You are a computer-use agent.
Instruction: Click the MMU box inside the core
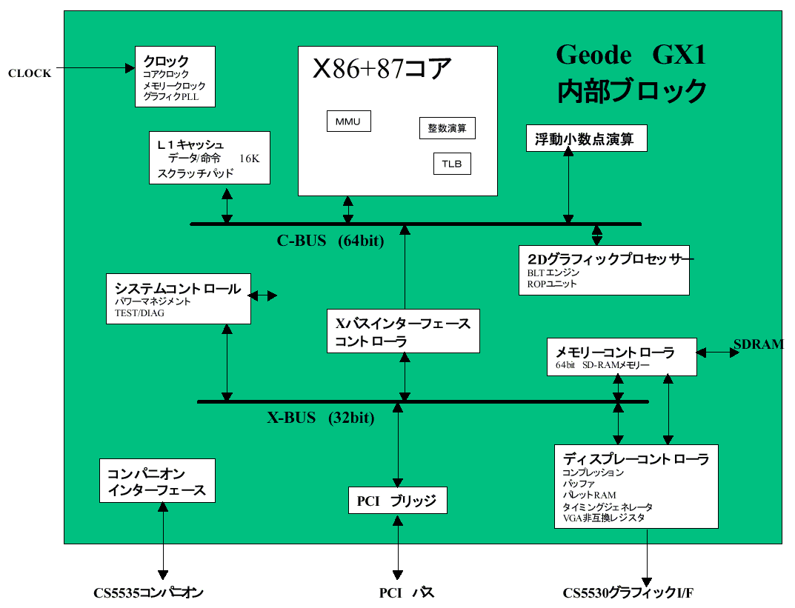pos(348,121)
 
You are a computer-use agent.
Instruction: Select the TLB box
pos(452,164)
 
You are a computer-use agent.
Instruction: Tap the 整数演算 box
pos(447,128)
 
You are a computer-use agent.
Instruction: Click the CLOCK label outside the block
pos(30,73)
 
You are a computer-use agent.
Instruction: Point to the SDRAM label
pos(758,344)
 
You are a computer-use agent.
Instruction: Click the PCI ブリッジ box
pos(397,501)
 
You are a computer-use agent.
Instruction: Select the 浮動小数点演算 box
pos(585,138)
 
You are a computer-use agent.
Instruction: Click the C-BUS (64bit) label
pos(330,241)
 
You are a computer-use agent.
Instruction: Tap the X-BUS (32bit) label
pos(320,418)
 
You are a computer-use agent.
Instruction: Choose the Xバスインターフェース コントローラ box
pos(403,332)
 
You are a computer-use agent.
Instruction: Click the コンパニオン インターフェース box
pos(157,481)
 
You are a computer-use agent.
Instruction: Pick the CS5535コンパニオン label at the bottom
pos(148,593)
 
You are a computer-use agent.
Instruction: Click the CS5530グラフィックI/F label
pos(628,593)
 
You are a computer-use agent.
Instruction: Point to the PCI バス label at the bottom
pos(407,593)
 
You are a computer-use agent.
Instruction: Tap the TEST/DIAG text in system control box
pos(140,313)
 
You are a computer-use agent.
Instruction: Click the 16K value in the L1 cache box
pos(250,158)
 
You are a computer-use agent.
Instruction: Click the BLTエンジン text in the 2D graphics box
pos(553,273)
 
